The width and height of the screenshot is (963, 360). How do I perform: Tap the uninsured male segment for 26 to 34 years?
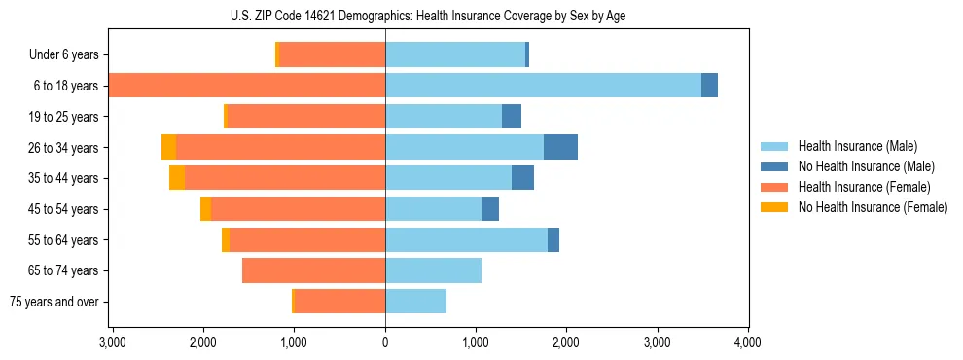coord(560,147)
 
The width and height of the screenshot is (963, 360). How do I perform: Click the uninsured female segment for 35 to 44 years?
coord(177,178)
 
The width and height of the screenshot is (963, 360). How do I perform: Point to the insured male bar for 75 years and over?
coord(415,302)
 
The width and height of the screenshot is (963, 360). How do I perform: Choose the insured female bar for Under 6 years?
coord(332,54)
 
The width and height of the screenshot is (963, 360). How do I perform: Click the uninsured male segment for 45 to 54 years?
coord(490,209)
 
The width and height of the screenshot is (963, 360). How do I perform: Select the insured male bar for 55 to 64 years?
coord(466,239)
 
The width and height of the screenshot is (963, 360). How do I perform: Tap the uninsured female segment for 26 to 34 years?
coord(168,147)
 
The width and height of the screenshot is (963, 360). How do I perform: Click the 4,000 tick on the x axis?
coord(747,342)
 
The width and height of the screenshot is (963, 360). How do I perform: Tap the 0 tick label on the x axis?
coord(385,342)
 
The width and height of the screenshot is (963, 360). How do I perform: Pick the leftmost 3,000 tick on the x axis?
coord(113,342)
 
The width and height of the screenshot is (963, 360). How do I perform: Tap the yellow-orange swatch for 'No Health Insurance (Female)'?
coord(774,207)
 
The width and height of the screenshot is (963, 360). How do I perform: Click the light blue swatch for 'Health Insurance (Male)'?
coord(774,146)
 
